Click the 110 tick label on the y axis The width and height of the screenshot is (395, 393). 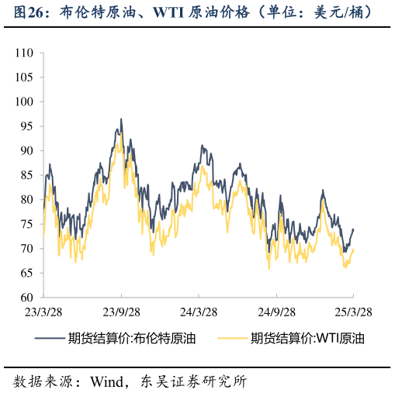(25, 53)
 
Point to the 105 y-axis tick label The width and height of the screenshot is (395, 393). (25, 78)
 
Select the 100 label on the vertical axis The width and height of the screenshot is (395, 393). (25, 102)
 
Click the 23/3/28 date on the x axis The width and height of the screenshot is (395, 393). (43, 311)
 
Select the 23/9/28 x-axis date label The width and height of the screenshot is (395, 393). (121, 311)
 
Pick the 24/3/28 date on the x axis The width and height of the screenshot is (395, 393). (199, 311)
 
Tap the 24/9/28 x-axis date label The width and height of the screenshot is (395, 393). (276, 311)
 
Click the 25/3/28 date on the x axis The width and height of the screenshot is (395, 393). (352, 311)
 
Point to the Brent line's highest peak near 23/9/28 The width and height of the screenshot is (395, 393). (121, 119)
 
